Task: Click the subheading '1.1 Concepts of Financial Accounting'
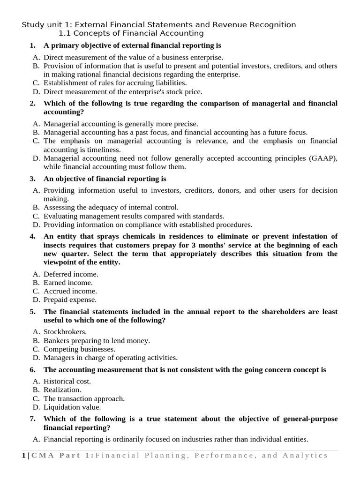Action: click(131, 33)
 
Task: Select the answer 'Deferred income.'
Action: click(71, 274)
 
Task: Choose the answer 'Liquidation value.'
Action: click(72, 407)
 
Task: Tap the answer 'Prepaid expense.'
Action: click(70, 300)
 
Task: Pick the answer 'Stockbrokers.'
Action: click(65, 332)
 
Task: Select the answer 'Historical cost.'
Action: click(67, 381)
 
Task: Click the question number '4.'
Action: click(33, 236)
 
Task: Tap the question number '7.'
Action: click(33, 419)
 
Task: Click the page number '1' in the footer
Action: click(23, 455)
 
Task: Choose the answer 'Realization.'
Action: click(62, 390)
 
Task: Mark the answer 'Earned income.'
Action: click(68, 283)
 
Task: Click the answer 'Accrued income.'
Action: click(70, 291)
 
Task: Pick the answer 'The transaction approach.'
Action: click(84, 398)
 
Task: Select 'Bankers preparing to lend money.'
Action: click(97, 341)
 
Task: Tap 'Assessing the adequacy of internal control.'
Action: click(111, 207)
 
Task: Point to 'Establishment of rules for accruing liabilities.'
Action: click(115, 83)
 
